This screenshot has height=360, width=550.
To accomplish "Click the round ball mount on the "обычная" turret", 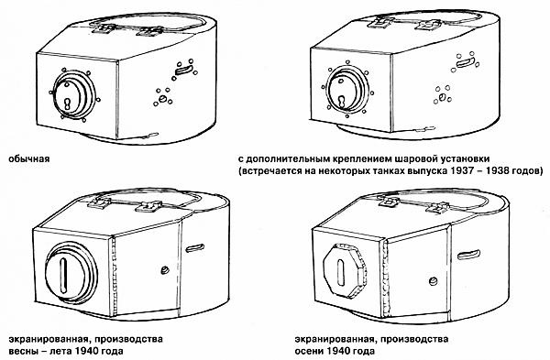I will [70, 96].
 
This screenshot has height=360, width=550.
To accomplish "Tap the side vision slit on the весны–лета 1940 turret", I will [195, 247].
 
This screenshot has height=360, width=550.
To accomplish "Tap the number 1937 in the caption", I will [471, 171].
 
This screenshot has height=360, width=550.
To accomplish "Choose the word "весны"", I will [22, 351].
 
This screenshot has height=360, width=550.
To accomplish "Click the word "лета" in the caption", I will [60, 351].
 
